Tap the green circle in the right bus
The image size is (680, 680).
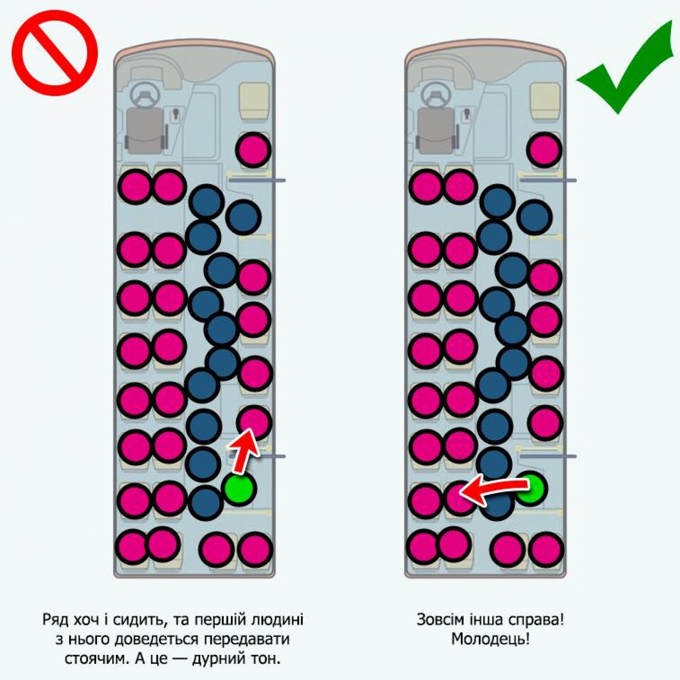(x=532, y=488)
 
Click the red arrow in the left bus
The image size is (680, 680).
(x=244, y=450)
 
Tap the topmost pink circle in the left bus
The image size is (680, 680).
(x=253, y=149)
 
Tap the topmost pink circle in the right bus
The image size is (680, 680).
(x=544, y=149)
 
